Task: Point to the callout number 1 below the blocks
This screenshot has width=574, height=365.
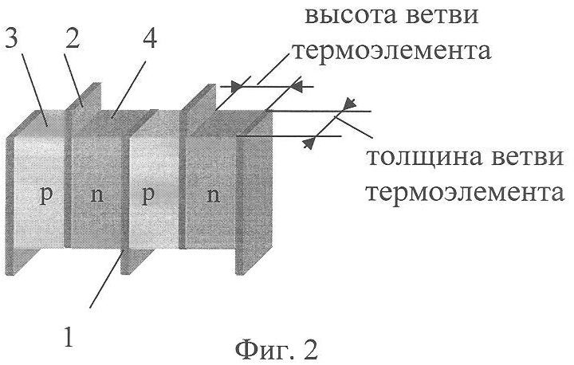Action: pyautogui.click(x=70, y=336)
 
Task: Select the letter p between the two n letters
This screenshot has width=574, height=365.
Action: pyautogui.click(x=147, y=196)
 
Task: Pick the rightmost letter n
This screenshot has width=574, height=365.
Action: pyautogui.click(x=213, y=196)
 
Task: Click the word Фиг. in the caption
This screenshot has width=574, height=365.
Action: pyautogui.click(x=259, y=347)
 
